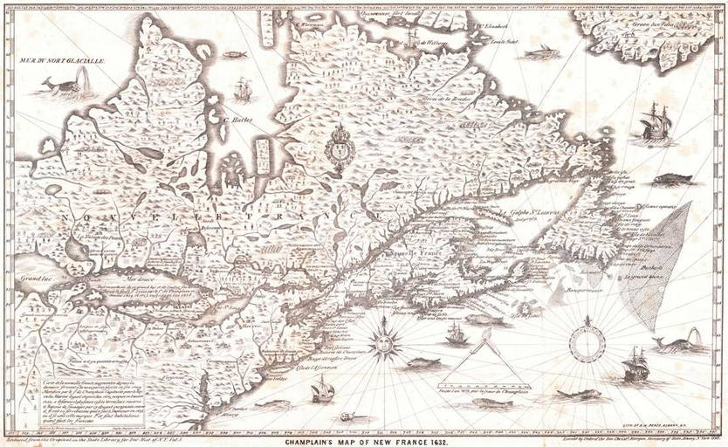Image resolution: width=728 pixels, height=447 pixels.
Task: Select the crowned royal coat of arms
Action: pyautogui.click(x=336, y=147)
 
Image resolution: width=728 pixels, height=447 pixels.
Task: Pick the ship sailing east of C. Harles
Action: pyautogui.click(x=243, y=89)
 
